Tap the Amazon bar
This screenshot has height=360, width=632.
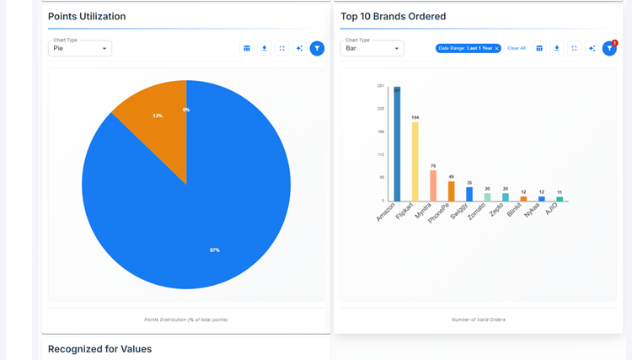(397, 145)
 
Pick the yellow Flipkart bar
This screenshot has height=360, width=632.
(415, 162)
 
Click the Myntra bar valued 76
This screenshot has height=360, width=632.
(433, 185)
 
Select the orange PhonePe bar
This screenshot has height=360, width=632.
(452, 191)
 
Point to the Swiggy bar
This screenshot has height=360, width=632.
(469, 194)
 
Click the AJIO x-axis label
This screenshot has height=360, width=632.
(552, 208)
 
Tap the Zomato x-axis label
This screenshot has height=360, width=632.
(478, 211)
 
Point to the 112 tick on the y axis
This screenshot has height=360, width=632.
(381, 154)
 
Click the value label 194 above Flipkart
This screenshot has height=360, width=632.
(415, 117)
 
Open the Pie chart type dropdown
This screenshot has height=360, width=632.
(80, 48)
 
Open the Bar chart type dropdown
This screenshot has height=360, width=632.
(372, 48)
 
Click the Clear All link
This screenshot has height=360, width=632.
(517, 48)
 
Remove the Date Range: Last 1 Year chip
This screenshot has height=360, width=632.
(496, 48)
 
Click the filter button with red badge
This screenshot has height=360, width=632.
(609, 48)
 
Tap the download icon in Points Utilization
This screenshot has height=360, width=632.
(265, 48)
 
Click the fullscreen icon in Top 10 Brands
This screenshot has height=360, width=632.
(575, 48)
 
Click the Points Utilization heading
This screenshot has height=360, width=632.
(87, 16)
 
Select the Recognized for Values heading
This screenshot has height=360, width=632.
(99, 348)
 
